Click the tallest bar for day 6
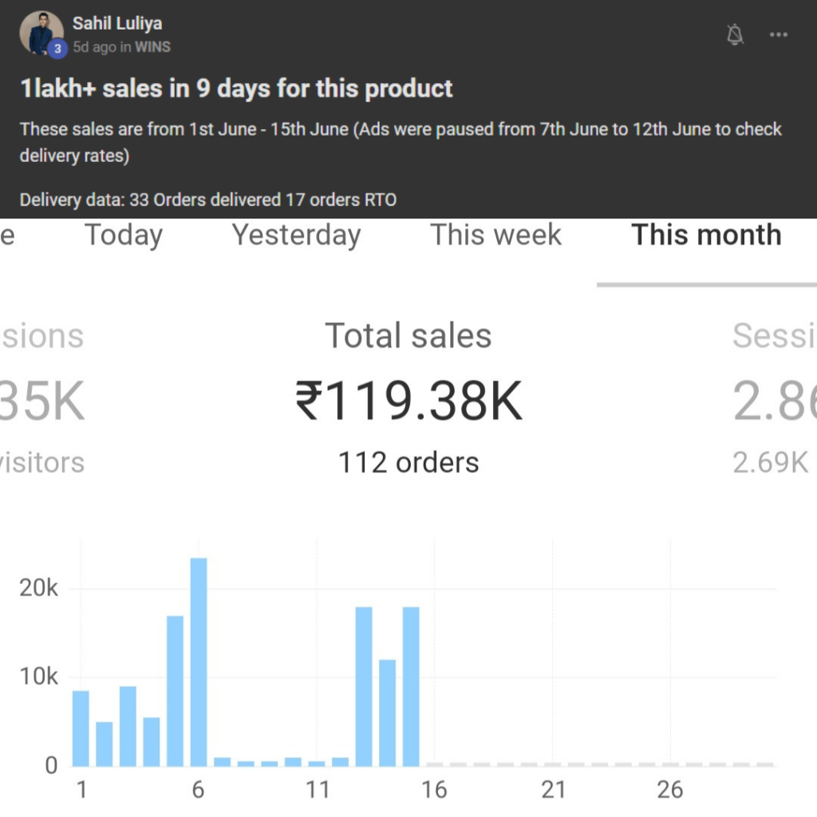point(199,662)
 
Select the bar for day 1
point(81,728)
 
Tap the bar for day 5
point(175,691)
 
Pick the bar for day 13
point(364,686)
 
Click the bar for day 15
point(411,686)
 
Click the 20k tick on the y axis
point(40,589)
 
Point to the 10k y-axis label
point(40,677)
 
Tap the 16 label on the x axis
point(434,790)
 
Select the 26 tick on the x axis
point(670,790)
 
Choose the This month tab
point(706,235)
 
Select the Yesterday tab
point(296,235)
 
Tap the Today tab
point(124,235)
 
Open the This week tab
point(495,235)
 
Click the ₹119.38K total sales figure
point(408,401)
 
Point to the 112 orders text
point(408,463)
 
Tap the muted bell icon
point(736,34)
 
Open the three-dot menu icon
point(779,34)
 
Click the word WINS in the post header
point(152,47)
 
